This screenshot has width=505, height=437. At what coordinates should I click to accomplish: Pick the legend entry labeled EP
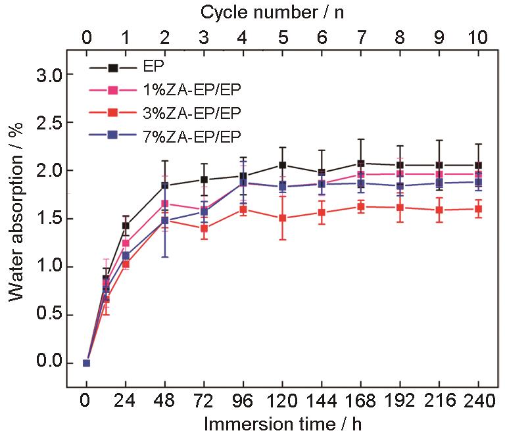[x=155, y=67]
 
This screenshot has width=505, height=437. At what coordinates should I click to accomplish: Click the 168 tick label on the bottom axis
[x=360, y=401]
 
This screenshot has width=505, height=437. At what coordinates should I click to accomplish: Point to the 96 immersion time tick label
[x=243, y=401]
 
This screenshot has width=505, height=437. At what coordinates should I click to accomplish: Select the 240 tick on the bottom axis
[x=477, y=401]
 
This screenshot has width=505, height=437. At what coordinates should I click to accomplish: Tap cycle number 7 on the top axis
[x=360, y=37]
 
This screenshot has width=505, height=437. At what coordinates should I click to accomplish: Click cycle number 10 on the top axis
[x=477, y=37]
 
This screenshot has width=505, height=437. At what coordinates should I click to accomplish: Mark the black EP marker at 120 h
[x=282, y=165]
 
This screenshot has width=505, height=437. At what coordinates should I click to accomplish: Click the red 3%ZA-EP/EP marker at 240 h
[x=477, y=209]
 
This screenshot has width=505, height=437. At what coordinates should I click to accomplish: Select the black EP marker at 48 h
[x=164, y=185]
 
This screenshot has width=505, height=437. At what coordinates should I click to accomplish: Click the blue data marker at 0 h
[x=86, y=363]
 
